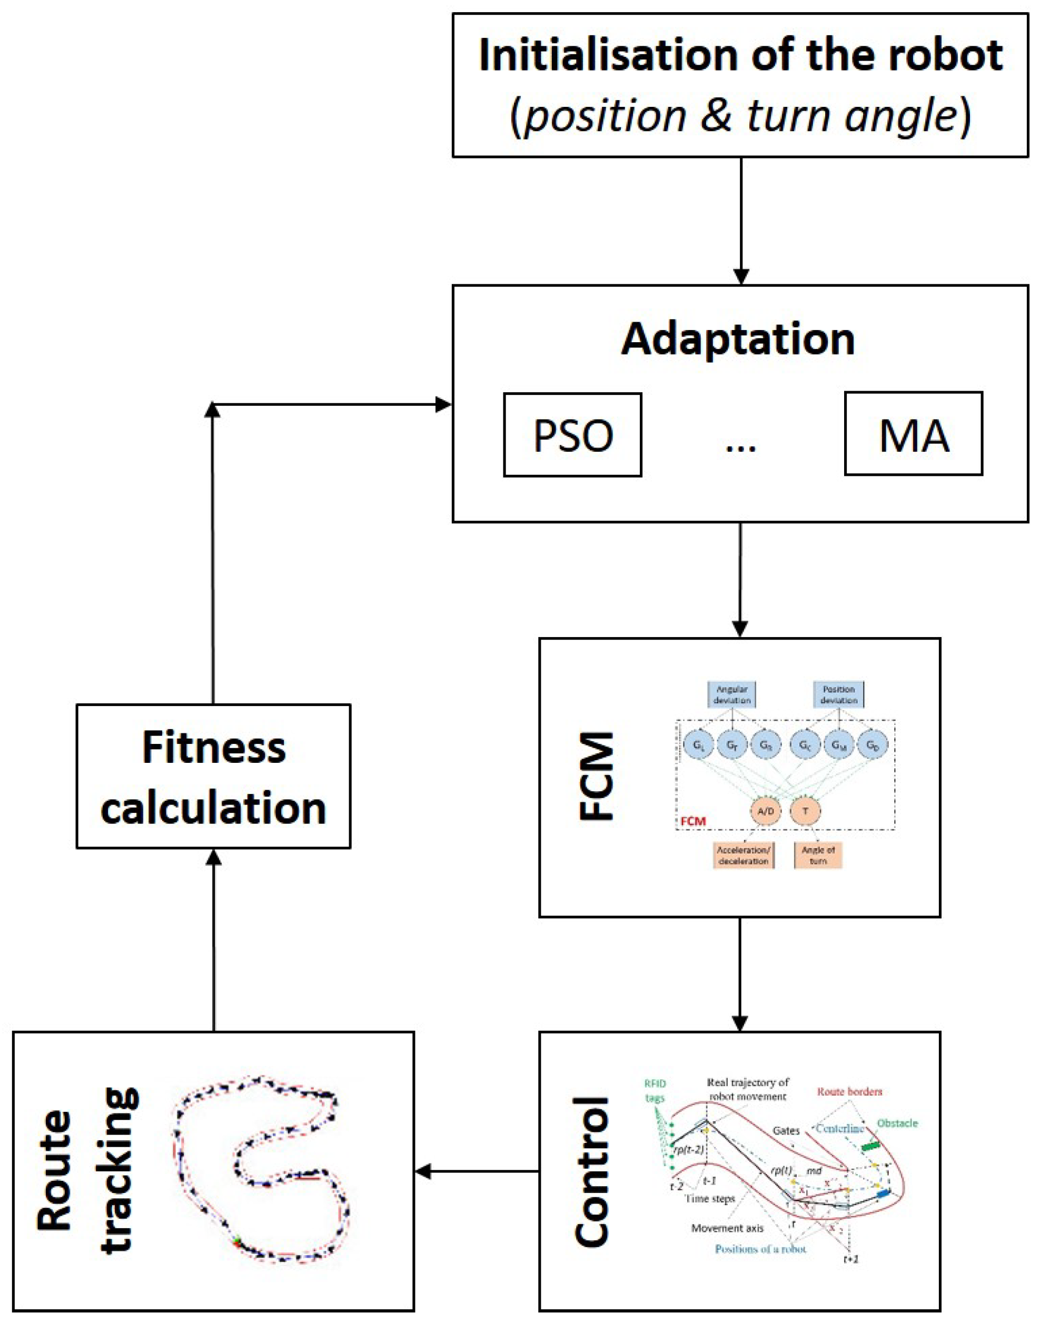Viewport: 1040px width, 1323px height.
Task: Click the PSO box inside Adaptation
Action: coord(572,435)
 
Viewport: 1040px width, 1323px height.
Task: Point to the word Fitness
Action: coord(214,748)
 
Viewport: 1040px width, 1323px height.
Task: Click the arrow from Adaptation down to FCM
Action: coord(740,579)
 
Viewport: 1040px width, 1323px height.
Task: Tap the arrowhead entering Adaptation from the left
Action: coord(443,404)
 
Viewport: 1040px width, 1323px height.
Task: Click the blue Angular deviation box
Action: coord(732,695)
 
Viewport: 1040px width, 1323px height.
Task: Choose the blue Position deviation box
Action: coord(838,695)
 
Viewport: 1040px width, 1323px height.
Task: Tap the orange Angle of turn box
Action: coord(818,855)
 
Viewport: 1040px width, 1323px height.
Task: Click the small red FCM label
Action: coord(693,821)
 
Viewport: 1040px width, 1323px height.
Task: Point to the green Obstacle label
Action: coord(897,1123)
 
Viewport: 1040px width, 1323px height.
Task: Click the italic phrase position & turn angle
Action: coord(740,116)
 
